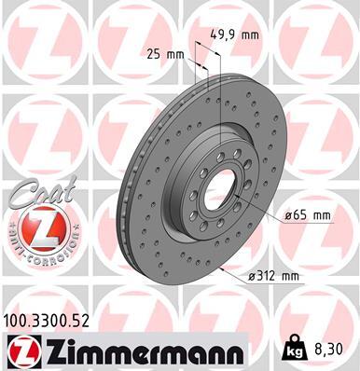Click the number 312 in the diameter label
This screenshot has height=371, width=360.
(277, 276)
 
